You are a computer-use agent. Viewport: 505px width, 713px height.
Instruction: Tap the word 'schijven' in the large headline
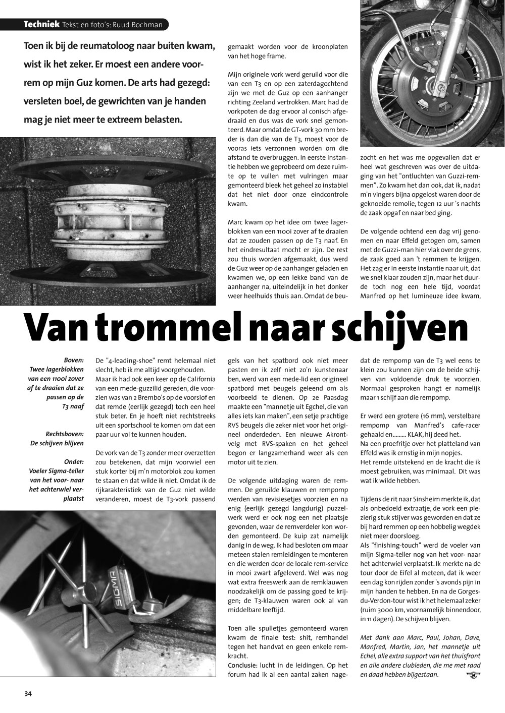pyautogui.click(x=403, y=328)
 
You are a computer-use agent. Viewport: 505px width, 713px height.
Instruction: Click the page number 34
pyautogui.click(x=28, y=694)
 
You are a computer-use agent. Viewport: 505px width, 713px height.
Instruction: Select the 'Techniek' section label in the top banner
pyautogui.click(x=41, y=25)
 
